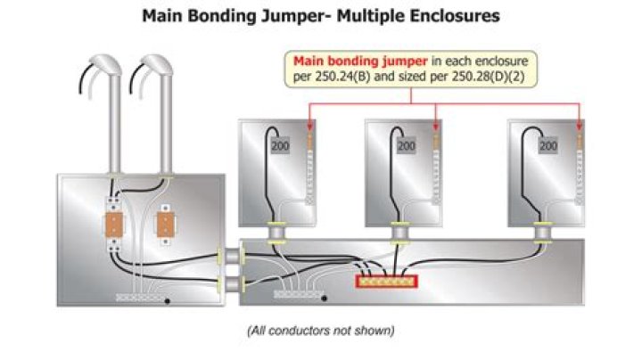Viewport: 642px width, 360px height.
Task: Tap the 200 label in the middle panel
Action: pos(406,145)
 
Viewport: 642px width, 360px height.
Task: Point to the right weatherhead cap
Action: pos(158,65)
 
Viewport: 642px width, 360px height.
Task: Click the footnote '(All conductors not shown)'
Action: pos(320,331)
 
